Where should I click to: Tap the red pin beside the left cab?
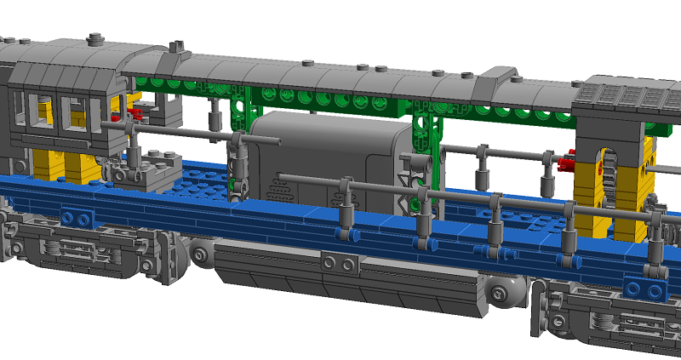(134, 112)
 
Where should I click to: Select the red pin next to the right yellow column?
(568, 162)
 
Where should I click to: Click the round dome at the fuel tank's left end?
(203, 251)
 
